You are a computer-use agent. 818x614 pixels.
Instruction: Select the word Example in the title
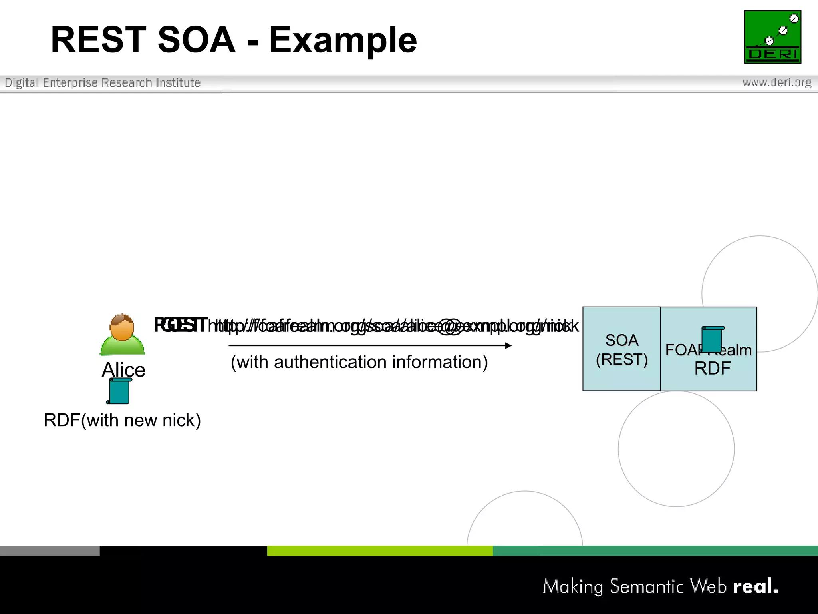tap(343, 40)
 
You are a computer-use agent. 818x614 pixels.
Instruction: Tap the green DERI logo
tap(772, 37)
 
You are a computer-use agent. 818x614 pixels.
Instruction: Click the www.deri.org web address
tap(776, 82)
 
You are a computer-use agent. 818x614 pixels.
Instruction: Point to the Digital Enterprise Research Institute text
tap(103, 83)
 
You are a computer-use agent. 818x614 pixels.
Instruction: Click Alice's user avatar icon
tap(122, 335)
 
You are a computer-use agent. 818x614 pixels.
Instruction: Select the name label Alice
tap(123, 369)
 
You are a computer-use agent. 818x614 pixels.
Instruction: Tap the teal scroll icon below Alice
tap(119, 391)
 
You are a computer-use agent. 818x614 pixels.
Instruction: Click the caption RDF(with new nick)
tap(122, 420)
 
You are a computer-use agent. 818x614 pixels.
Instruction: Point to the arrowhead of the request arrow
tap(508, 346)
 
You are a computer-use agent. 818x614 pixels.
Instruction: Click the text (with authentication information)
tap(359, 362)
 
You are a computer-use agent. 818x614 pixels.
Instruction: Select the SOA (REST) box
tap(621, 349)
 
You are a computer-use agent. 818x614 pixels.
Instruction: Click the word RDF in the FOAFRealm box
tap(712, 368)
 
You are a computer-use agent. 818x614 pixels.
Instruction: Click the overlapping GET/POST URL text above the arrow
tap(365, 326)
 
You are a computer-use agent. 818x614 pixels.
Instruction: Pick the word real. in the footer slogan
tap(755, 586)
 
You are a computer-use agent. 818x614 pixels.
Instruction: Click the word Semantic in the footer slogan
tap(647, 586)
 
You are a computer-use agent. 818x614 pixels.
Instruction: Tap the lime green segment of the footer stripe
tap(379, 551)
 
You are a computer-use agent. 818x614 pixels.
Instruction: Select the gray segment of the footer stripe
tap(50, 551)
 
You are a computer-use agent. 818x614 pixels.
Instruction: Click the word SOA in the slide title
tap(197, 40)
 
